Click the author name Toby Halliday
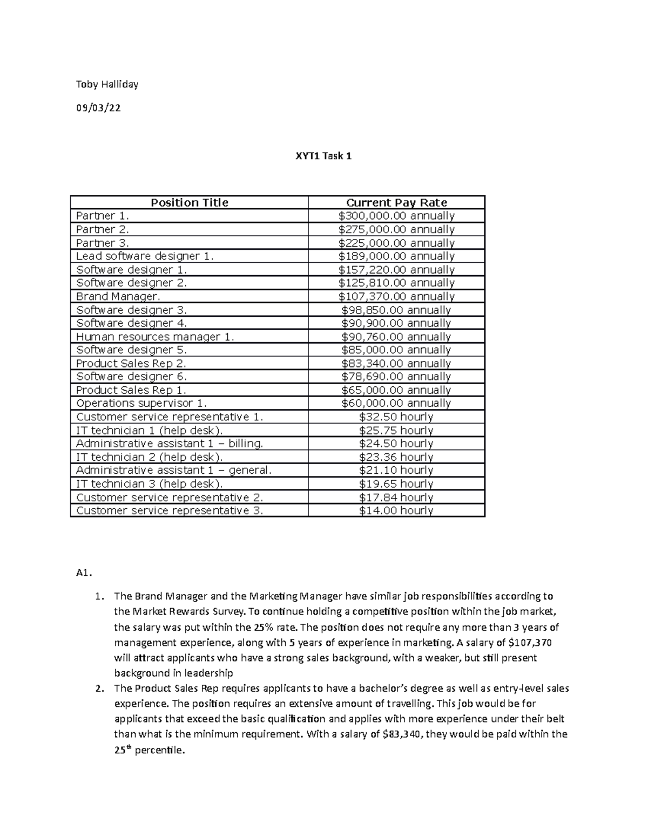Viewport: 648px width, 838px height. [107, 84]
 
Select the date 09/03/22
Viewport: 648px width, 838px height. [98, 108]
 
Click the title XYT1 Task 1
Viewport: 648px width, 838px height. [323, 156]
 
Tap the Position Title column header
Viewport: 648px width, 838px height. [189, 203]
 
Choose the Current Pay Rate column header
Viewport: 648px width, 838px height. [396, 203]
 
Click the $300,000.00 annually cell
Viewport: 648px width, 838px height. [396, 216]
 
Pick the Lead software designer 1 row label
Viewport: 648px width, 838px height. [145, 256]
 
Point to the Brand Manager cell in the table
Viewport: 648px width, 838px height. [118, 296]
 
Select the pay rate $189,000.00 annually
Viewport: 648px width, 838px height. [396, 256]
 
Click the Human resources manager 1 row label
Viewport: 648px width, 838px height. [155, 337]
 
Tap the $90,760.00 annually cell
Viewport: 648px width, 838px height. [396, 337]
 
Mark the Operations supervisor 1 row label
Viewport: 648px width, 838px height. [141, 403]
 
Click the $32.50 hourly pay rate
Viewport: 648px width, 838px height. [396, 417]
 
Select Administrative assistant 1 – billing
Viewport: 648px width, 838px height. [170, 444]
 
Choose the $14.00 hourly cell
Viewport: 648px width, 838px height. [396, 510]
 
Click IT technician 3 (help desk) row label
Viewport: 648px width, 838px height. [149, 483]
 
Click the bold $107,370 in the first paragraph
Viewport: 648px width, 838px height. [530, 643]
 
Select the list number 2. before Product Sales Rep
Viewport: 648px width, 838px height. [98, 689]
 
